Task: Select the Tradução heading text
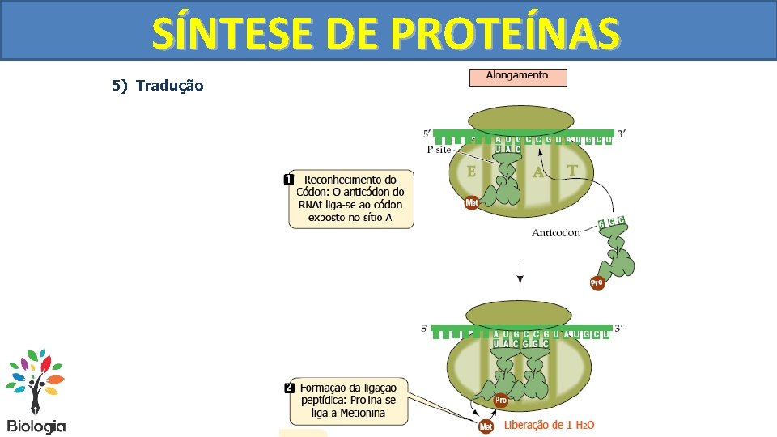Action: [170, 85]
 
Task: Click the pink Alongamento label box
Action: [517, 77]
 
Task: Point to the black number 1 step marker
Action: [289, 179]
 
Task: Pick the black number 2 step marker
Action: [289, 388]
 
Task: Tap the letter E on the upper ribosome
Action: [472, 172]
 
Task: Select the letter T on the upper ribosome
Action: [572, 170]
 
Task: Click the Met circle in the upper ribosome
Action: [472, 203]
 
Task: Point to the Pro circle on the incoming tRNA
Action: [597, 283]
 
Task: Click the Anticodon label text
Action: [555, 233]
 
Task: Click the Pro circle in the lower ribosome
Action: [501, 400]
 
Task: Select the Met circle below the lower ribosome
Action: [486, 426]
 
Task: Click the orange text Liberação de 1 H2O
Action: [550, 425]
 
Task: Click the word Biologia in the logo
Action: [36, 426]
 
